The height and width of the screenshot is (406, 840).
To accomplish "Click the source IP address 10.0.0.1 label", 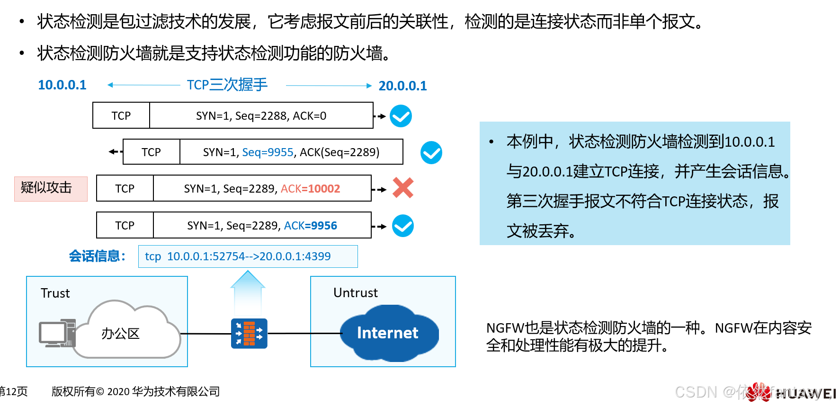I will coord(62,85).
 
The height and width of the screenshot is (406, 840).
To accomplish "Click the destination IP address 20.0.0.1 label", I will coord(402,86).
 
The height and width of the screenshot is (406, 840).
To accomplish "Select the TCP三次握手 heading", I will coord(227,85).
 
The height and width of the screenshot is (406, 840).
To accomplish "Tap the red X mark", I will coord(403,188).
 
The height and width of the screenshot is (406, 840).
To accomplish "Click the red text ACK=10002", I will coord(310,189).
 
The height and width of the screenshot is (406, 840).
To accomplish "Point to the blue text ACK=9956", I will coord(310,226).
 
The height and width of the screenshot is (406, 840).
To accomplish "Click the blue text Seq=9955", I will coord(268,152).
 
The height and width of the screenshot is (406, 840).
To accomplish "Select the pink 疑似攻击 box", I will coord(51,188).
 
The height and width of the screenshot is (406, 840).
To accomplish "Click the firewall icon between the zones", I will coord(249,334).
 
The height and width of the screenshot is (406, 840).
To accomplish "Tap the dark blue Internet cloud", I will coord(388,333).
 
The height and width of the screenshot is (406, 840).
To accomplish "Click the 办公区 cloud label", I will coord(120,334).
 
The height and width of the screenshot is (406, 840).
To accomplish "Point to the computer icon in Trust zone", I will coord(57,333).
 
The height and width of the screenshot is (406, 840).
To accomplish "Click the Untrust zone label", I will coord(355,293).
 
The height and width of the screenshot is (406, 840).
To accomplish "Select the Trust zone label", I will coord(55,293).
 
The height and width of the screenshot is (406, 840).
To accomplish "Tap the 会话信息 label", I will coord(97,256).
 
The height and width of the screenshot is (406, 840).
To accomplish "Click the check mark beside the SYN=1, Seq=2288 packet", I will coord(401,116).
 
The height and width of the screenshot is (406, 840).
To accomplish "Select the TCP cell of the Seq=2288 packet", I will coord(121,116).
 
